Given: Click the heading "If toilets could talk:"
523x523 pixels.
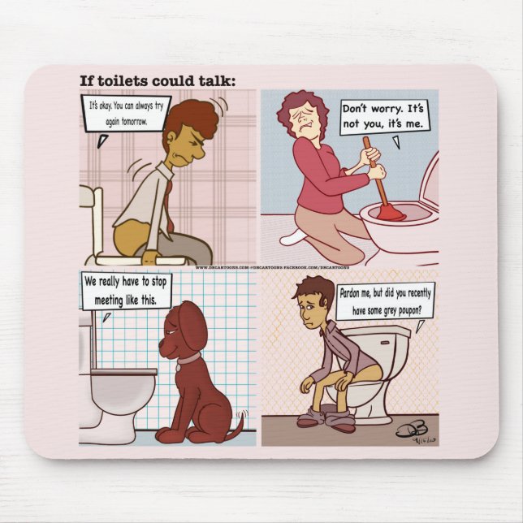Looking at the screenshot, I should [x=157, y=80].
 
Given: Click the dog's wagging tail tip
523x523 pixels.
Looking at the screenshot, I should [x=240, y=422].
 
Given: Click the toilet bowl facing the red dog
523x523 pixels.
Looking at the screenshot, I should [x=122, y=388].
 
